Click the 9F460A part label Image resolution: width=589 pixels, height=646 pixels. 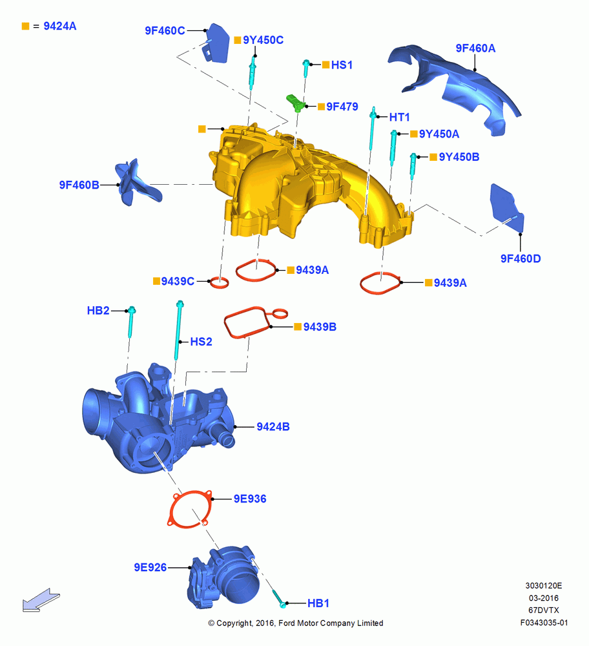click(x=475, y=48)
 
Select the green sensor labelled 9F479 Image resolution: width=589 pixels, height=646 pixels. click(x=295, y=103)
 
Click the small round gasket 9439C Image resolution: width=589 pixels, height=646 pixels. click(x=219, y=283)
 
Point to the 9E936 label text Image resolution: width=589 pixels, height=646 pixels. click(x=250, y=499)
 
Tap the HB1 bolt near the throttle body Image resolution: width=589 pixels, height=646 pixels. click(x=278, y=598)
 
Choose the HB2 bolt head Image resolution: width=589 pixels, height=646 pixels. click(x=132, y=310)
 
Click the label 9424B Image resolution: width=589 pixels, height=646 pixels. click(x=273, y=426)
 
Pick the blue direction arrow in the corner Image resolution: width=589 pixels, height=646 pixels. click(x=41, y=600)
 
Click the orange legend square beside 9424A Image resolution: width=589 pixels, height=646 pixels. click(x=26, y=26)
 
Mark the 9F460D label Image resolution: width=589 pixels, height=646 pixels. click(x=521, y=258)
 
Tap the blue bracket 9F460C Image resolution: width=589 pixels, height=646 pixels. click(x=216, y=43)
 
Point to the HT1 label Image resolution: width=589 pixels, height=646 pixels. click(x=400, y=118)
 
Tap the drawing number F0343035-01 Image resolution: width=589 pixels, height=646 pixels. click(x=544, y=623)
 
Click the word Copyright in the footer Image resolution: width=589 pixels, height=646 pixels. click(x=234, y=623)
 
